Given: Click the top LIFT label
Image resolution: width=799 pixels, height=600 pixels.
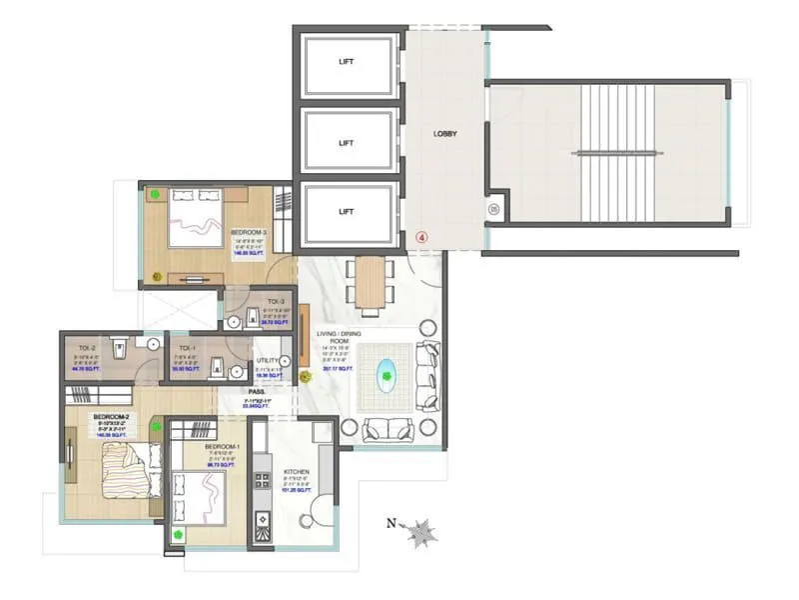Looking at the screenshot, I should click(346, 62).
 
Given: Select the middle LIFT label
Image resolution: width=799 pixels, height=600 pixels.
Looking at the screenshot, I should click(346, 143).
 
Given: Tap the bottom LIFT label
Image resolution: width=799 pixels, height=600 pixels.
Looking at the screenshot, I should click(346, 212).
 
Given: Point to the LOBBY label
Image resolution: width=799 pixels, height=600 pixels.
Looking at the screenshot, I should click(444, 134).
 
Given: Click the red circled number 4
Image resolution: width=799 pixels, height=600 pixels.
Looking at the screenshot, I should click(421, 237).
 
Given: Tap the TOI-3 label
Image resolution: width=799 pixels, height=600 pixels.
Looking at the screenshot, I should click(276, 301).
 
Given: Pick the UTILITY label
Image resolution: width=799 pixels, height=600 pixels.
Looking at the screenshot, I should click(268, 360).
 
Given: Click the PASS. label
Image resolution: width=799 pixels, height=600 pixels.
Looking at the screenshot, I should click(257, 392).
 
